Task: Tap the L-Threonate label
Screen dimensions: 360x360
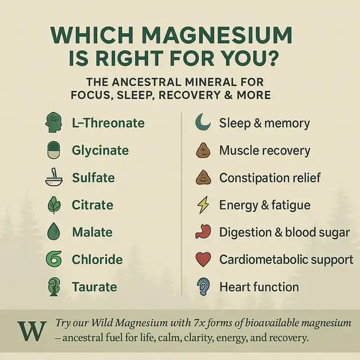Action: [x=108, y=123]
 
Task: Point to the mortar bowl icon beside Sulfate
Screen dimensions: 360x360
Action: [x=53, y=178]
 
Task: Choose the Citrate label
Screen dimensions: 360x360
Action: [x=92, y=205]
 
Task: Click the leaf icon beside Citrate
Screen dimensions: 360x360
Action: [x=53, y=205]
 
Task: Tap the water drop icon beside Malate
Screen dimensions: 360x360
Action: [x=53, y=232]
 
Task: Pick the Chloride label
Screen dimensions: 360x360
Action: [x=97, y=259]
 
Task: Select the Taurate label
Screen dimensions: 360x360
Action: [x=94, y=287]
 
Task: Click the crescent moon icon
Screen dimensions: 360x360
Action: [x=202, y=123]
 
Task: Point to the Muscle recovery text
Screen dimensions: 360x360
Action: [x=264, y=151]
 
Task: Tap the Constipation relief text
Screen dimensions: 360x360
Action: [x=270, y=178]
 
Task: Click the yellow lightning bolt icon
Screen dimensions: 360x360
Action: [x=202, y=205]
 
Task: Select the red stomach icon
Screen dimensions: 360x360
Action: [x=202, y=232]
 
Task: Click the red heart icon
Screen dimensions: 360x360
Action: [x=202, y=259]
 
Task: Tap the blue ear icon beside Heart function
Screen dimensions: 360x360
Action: [x=202, y=287]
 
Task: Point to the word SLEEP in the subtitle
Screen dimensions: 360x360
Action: [x=134, y=94]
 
